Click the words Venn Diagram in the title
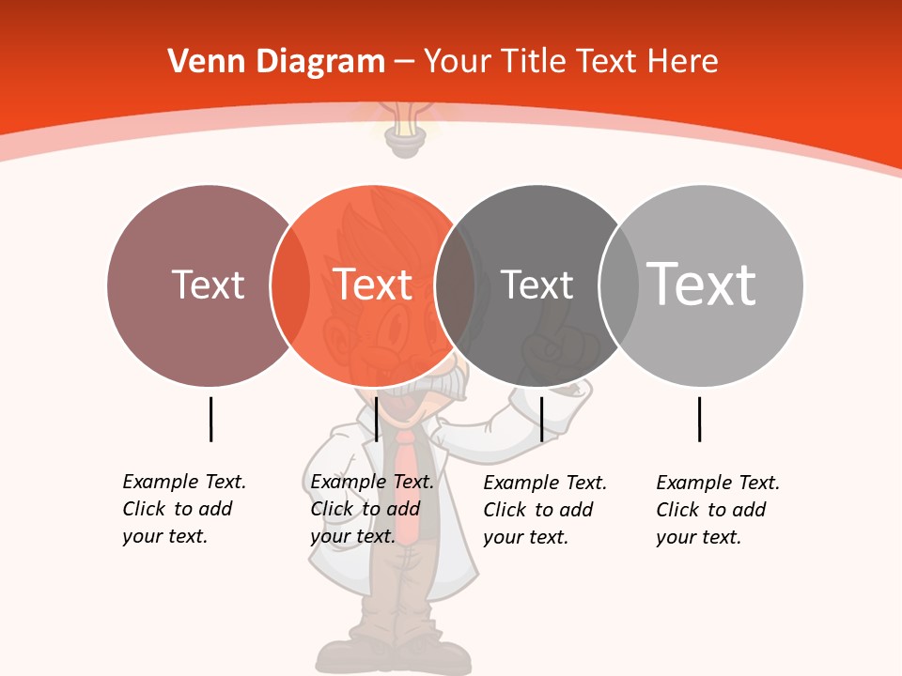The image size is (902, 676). [x=276, y=62]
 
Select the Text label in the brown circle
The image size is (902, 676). [x=208, y=284]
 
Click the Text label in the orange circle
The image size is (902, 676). [x=373, y=284]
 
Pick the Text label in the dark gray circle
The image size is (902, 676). [x=537, y=284]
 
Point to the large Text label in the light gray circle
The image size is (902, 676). [x=702, y=284]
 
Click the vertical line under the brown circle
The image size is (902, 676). [x=210, y=419]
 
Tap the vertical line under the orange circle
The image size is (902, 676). [x=376, y=419]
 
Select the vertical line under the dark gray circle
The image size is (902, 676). [x=541, y=419]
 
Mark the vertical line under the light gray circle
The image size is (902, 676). [x=699, y=419]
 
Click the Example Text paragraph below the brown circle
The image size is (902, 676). [x=184, y=509]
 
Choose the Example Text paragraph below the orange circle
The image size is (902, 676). [x=372, y=509]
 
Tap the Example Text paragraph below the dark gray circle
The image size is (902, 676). [x=545, y=510]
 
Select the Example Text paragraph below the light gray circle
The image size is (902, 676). [x=718, y=510]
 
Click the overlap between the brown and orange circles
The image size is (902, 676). [x=290, y=284]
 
